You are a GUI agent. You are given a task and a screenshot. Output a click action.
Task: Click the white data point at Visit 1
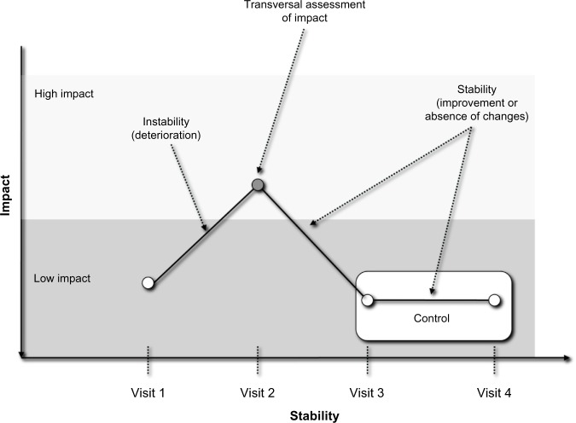tap(148, 283)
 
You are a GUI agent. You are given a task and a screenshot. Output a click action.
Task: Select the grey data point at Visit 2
tap(258, 185)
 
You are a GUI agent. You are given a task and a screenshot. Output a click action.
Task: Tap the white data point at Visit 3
tap(368, 300)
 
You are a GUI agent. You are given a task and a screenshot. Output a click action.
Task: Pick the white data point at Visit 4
tap(494, 300)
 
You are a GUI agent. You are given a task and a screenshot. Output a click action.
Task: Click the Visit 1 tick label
tap(148, 393)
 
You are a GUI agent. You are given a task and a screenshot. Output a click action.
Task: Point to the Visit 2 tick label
tap(258, 393)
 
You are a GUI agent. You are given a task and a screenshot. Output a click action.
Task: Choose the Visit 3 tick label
tap(368, 393)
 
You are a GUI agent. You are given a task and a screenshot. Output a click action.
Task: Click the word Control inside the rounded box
tap(431, 318)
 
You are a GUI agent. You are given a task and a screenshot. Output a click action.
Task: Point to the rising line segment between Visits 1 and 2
tap(202, 235)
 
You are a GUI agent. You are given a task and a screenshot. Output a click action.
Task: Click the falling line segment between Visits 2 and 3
tap(312, 242)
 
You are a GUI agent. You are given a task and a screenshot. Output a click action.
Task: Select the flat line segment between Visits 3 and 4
tap(431, 300)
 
